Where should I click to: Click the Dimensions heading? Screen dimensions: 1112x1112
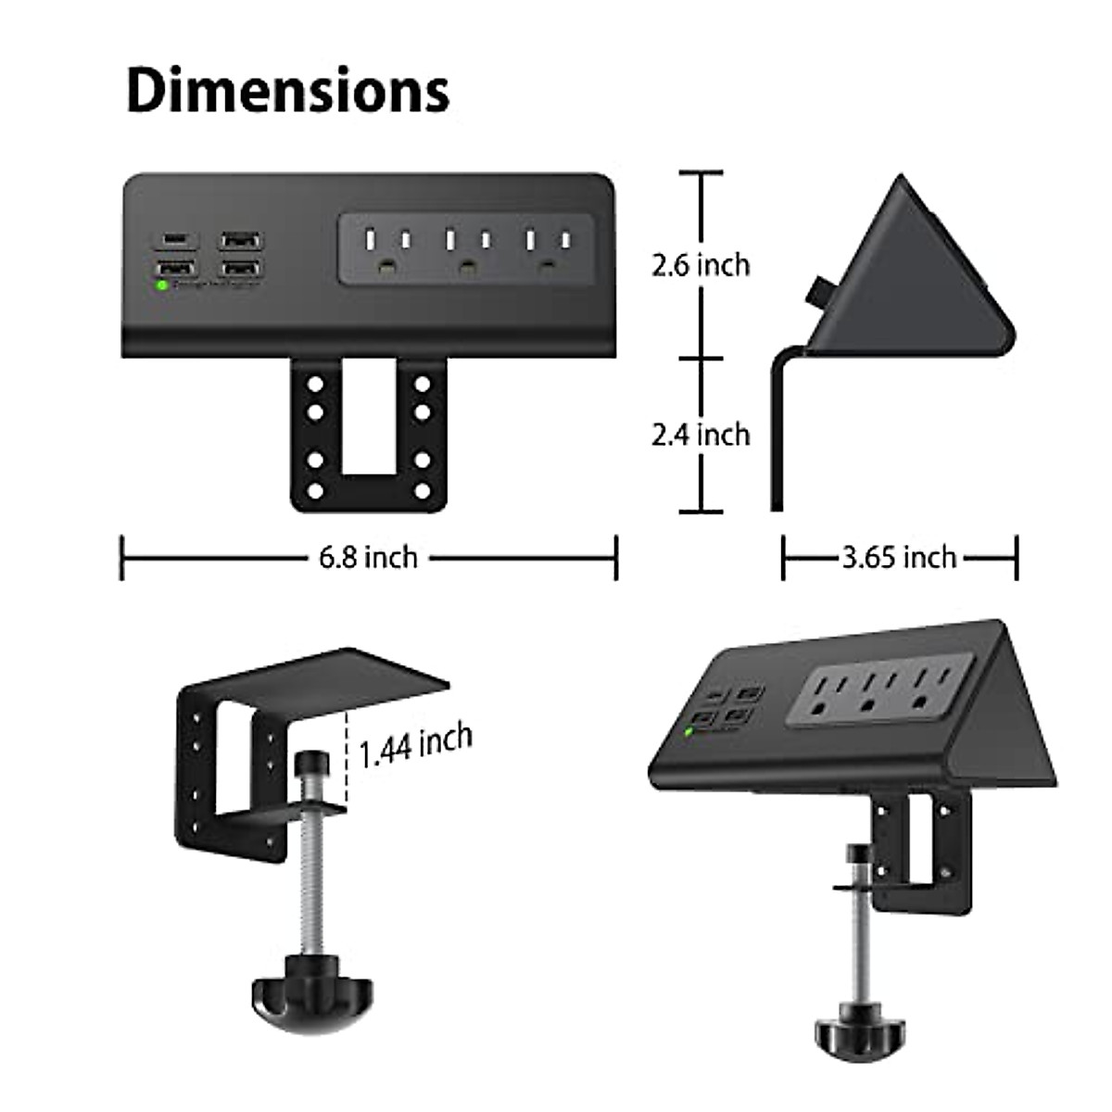(x=287, y=90)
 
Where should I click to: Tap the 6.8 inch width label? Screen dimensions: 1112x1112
(x=368, y=558)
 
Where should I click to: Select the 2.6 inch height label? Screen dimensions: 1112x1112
(x=700, y=265)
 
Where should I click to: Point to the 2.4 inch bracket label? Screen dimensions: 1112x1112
(x=700, y=434)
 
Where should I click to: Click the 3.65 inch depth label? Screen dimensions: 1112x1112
(x=899, y=557)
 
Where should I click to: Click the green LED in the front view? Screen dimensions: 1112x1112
(x=162, y=284)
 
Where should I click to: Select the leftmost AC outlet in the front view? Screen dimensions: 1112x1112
(x=385, y=250)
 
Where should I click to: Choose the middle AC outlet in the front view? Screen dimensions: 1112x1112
(x=466, y=250)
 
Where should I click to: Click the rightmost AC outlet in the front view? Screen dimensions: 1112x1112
(x=547, y=250)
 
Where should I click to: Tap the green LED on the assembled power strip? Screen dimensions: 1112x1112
(x=689, y=732)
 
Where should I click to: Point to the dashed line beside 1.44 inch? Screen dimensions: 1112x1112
(x=348, y=760)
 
